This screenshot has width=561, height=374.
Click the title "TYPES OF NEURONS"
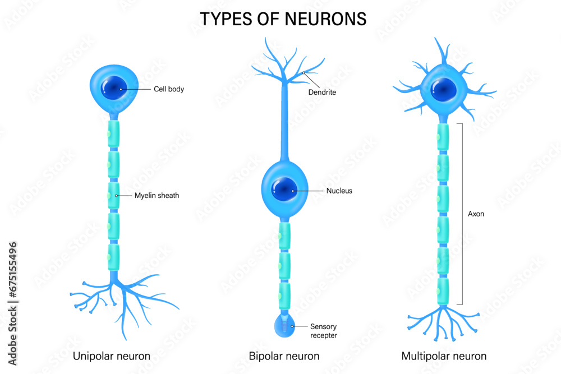[283, 19]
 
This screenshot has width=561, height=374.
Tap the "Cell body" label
[168, 89]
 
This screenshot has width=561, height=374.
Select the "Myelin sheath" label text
[157, 196]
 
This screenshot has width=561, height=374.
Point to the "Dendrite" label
[322, 92]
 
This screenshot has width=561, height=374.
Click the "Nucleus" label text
[339, 191]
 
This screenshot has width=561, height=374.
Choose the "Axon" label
[476, 214]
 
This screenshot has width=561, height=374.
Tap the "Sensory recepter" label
[324, 331]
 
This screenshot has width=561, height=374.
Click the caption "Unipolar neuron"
[112, 356]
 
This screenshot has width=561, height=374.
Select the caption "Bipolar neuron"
[284, 356]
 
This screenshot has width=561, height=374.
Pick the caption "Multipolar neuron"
[444, 356]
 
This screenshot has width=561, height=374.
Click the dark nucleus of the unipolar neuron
[114, 87]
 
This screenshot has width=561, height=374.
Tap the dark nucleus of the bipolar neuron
[284, 189]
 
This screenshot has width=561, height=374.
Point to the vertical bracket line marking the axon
[462, 213]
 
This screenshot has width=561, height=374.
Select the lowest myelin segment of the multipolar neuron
[443, 291]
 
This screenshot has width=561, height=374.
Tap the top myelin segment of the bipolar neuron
[284, 236]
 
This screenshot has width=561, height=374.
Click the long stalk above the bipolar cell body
[285, 129]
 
